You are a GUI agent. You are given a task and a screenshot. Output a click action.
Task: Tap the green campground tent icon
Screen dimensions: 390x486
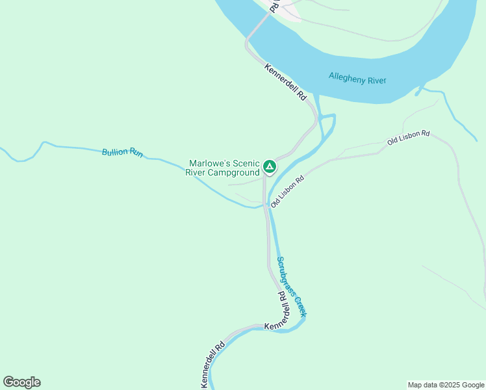point(270,167)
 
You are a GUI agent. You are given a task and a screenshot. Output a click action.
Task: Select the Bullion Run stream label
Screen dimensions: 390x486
point(122,153)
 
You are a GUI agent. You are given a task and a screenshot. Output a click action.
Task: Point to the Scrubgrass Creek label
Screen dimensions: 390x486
point(291,287)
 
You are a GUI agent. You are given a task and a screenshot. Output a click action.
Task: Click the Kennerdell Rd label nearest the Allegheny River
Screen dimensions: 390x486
point(285,81)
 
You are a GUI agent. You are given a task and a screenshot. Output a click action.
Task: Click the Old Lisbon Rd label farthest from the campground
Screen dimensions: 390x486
point(408,137)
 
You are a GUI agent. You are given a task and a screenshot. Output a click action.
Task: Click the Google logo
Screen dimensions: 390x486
point(21,382)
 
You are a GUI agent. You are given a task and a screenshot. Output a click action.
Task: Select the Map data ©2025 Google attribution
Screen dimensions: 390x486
point(445,385)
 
